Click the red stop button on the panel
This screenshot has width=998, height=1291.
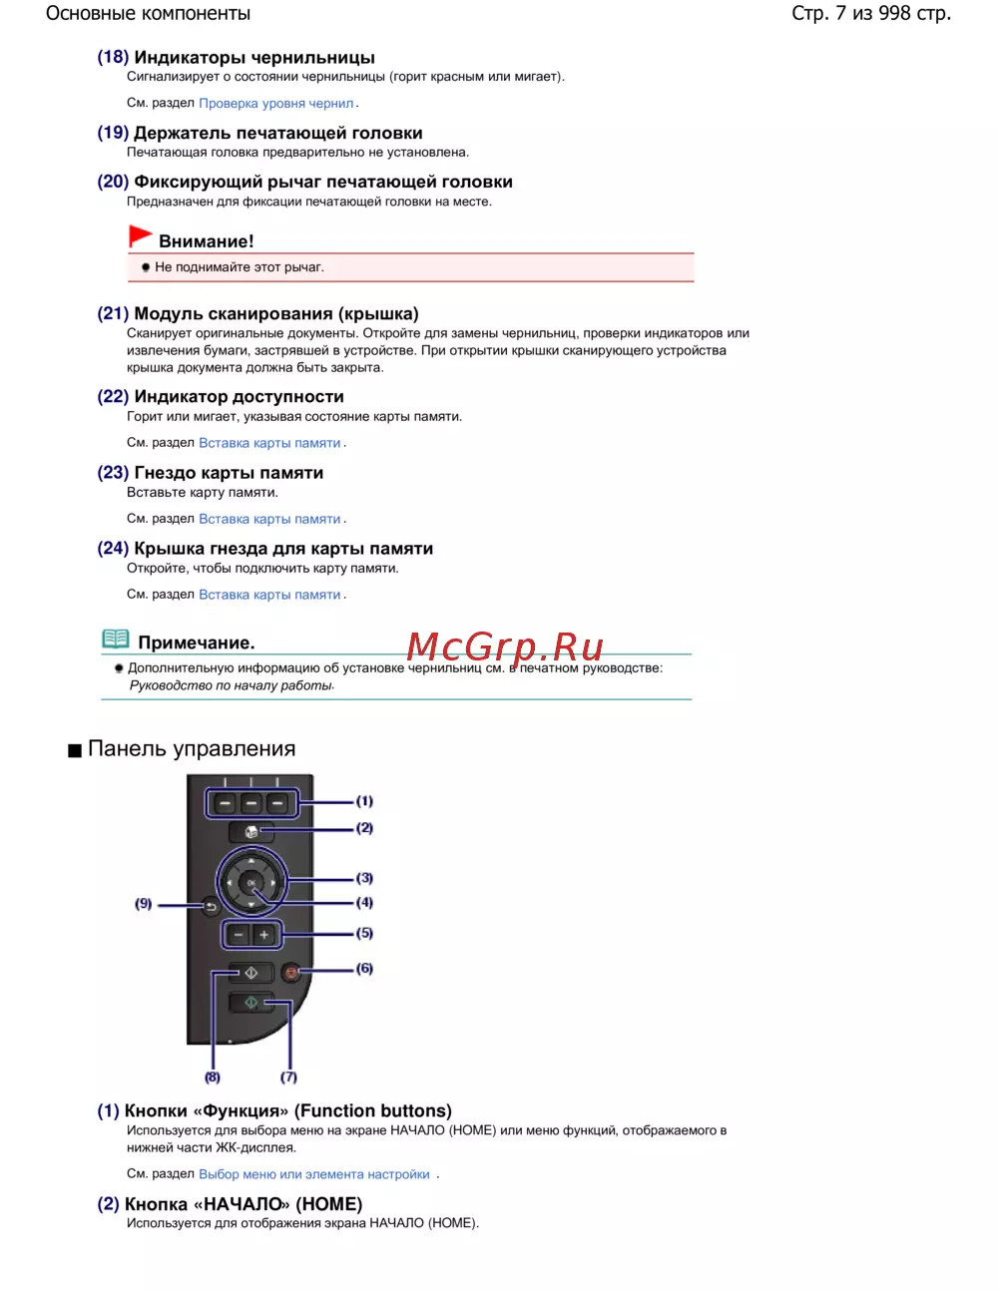pos(291,972)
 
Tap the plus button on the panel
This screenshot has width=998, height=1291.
pos(264,935)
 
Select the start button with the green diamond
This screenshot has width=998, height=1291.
pos(250,1003)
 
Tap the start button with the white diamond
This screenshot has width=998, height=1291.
pos(250,972)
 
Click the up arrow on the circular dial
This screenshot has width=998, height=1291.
pos(251,859)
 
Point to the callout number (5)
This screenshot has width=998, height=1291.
pos(364,934)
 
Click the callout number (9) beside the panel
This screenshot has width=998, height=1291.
pos(144,904)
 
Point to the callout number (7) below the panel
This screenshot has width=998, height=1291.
pos(288,1077)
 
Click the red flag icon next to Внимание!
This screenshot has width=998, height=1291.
pos(140,236)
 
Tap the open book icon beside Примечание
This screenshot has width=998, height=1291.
pos(116,640)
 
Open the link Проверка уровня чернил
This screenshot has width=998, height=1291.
pos(276,104)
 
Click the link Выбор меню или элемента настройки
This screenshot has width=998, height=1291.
pos(314,1174)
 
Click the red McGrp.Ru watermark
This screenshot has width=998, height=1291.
pos(505,647)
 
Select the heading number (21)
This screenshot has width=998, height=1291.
pos(113,314)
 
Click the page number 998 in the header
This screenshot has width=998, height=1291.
pos(894,14)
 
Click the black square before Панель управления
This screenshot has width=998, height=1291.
pos(75,751)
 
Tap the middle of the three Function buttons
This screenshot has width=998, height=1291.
pos(251,802)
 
